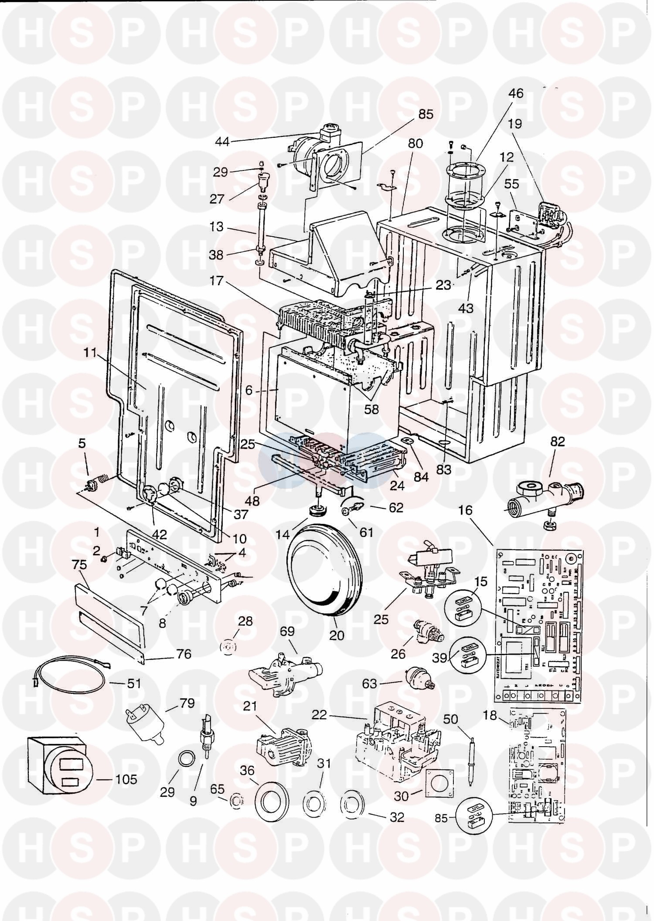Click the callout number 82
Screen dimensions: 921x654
(557, 442)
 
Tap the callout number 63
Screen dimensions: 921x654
(369, 683)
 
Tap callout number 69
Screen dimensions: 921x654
(287, 631)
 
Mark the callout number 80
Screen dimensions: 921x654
(415, 143)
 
